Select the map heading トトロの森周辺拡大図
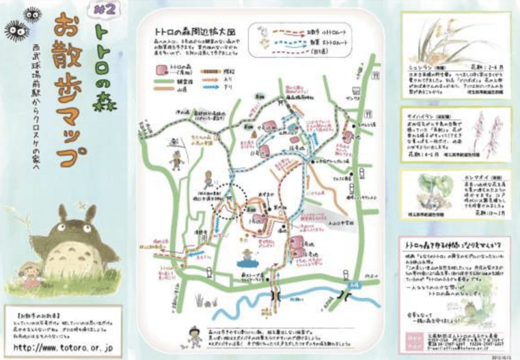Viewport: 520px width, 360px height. [x=195, y=32]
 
